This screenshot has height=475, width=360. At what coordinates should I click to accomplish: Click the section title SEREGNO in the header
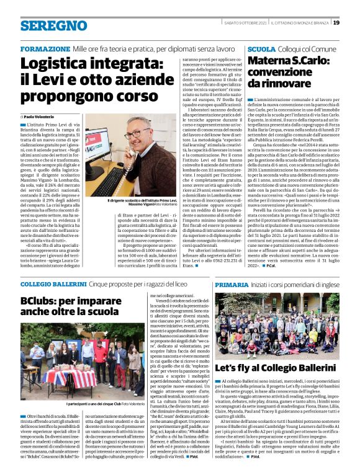tap(45, 26)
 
